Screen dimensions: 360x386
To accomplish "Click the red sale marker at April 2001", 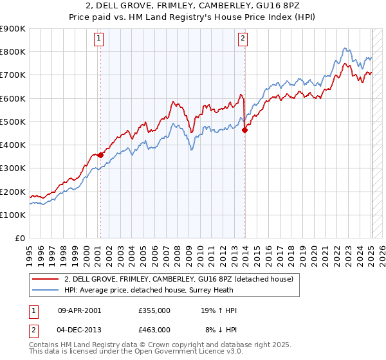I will (x=100, y=155).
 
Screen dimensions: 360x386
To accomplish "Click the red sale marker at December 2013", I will (x=245, y=130).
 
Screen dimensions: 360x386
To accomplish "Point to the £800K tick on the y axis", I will (x=13, y=52).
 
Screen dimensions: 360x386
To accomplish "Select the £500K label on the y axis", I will (x=13, y=122).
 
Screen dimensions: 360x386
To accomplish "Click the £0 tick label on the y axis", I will (x=20, y=239).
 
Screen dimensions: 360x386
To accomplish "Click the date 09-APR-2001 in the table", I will (x=79, y=310).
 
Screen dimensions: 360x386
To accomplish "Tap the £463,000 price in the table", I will (x=154, y=329).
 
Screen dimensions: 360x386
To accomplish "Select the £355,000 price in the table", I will (x=154, y=310).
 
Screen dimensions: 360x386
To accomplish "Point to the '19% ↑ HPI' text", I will (x=219, y=310).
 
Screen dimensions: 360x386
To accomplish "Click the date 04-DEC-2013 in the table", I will (x=79, y=329).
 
